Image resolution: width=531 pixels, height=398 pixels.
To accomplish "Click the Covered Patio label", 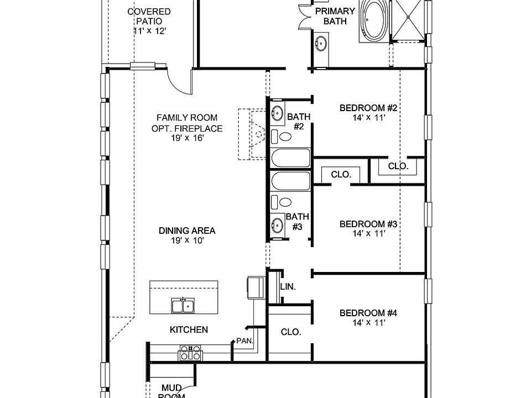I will point(149,16).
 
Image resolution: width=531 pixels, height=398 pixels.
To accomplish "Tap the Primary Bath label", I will point(335,16).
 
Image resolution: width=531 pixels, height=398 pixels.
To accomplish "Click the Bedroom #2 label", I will point(368,107).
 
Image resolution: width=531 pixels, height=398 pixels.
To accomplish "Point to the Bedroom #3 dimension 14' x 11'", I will point(368,234).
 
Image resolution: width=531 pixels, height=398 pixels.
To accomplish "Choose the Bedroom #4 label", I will point(368,313).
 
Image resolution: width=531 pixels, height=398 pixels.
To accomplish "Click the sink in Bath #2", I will point(277,114).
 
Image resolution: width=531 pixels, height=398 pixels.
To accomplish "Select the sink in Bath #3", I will point(277,225).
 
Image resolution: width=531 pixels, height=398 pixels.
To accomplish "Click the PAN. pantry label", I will point(244,341).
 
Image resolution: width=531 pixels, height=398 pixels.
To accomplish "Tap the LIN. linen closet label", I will point(288,287).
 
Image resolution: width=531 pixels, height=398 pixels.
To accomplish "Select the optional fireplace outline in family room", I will point(252,134).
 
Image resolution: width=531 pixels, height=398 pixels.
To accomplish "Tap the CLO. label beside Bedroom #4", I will point(291,332).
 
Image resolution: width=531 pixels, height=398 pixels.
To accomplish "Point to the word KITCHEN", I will point(189,329).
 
